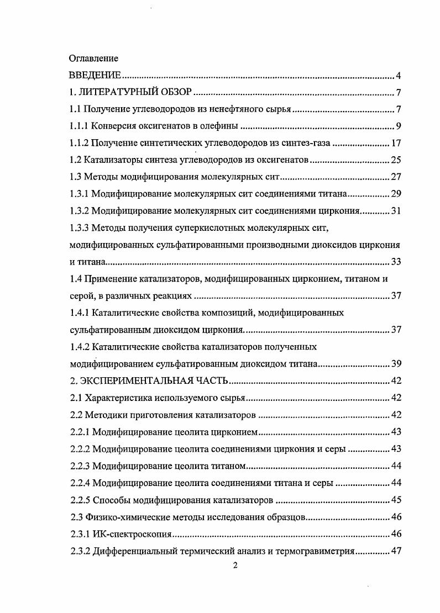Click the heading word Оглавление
tap(93, 58)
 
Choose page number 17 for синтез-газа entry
tap(395, 143)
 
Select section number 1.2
tap(76, 160)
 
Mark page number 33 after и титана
tap(395, 262)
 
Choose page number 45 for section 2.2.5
tap(395, 500)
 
